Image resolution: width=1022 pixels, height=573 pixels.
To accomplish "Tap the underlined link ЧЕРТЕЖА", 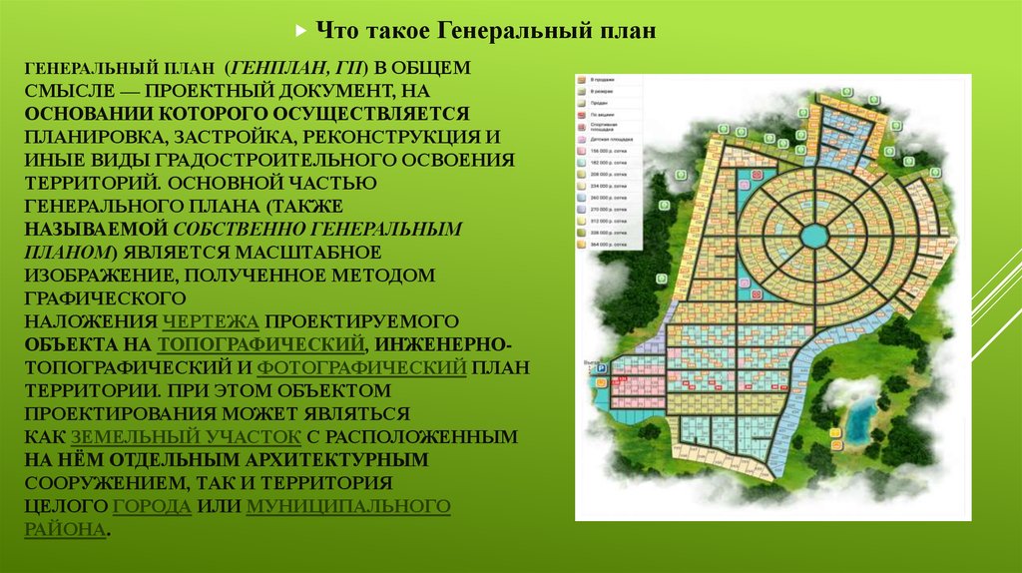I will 210,321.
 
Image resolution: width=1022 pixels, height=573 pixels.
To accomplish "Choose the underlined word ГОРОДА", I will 153,506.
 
